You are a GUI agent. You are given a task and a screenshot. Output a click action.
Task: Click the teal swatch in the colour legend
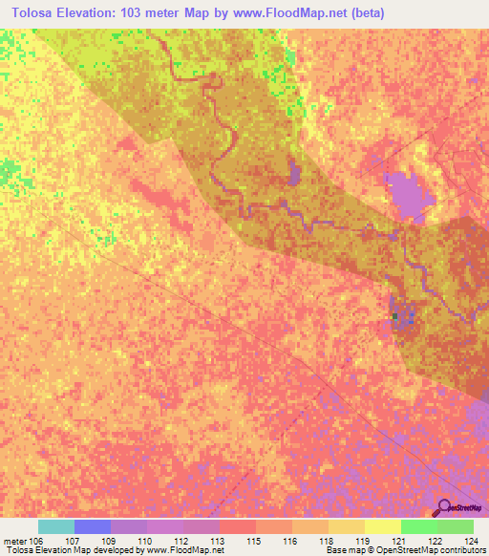(56, 526)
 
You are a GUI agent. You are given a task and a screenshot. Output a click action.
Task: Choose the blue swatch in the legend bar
(93, 526)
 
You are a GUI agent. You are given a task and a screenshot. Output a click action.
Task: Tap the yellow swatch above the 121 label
(383, 526)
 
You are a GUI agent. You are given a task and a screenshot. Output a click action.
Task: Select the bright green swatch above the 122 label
(419, 526)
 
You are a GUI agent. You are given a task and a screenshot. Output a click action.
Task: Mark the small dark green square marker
(394, 315)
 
